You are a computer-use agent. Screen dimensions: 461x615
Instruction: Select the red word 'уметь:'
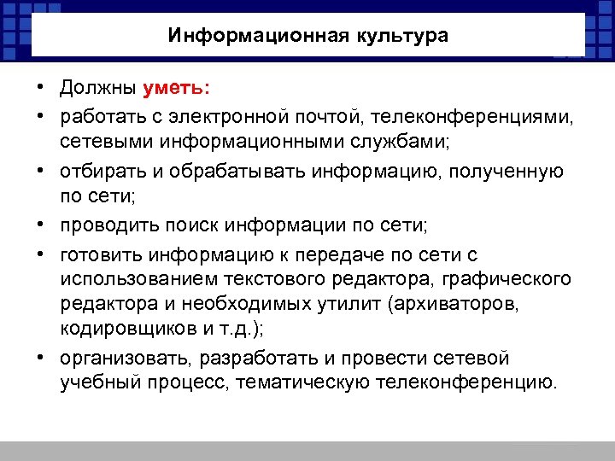[181, 89]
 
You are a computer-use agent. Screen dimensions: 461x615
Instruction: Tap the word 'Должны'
[98, 89]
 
